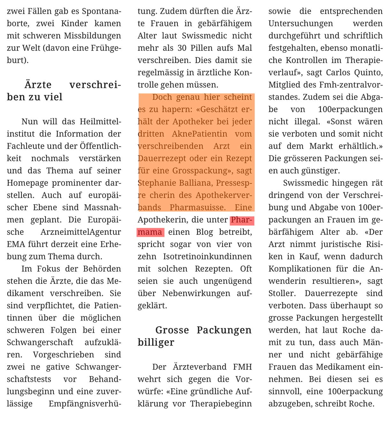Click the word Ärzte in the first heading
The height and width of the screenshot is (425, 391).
point(38,85)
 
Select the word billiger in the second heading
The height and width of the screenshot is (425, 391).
point(156,342)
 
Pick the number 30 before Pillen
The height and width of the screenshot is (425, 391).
point(182,48)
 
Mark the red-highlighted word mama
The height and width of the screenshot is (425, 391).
point(150,232)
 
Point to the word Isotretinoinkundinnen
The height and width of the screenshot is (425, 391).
point(207,257)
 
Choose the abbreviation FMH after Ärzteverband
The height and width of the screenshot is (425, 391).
point(242,367)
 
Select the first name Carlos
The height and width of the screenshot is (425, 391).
point(339,73)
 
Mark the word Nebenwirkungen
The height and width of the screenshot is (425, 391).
point(196,293)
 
